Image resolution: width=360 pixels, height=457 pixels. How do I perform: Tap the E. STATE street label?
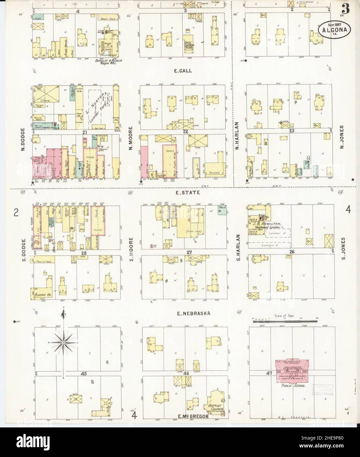(x=183, y=194)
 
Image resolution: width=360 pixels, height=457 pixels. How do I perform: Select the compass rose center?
(x=63, y=343)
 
